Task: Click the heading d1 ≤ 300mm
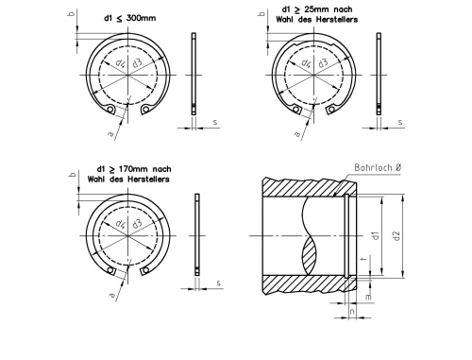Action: pyautogui.click(x=129, y=18)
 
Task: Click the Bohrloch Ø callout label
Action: pyautogui.click(x=378, y=167)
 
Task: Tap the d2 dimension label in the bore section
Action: pyautogui.click(x=397, y=235)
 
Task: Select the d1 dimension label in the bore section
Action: pyautogui.click(x=376, y=235)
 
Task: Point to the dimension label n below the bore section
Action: pyautogui.click(x=352, y=312)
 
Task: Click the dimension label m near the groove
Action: pyautogui.click(x=368, y=297)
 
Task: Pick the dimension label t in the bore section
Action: pyautogui.click(x=364, y=259)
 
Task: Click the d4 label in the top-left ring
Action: pyautogui.click(x=120, y=63)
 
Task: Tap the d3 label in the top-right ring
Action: pyautogui.click(x=323, y=62)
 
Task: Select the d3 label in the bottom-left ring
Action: pyautogui.click(x=137, y=224)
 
